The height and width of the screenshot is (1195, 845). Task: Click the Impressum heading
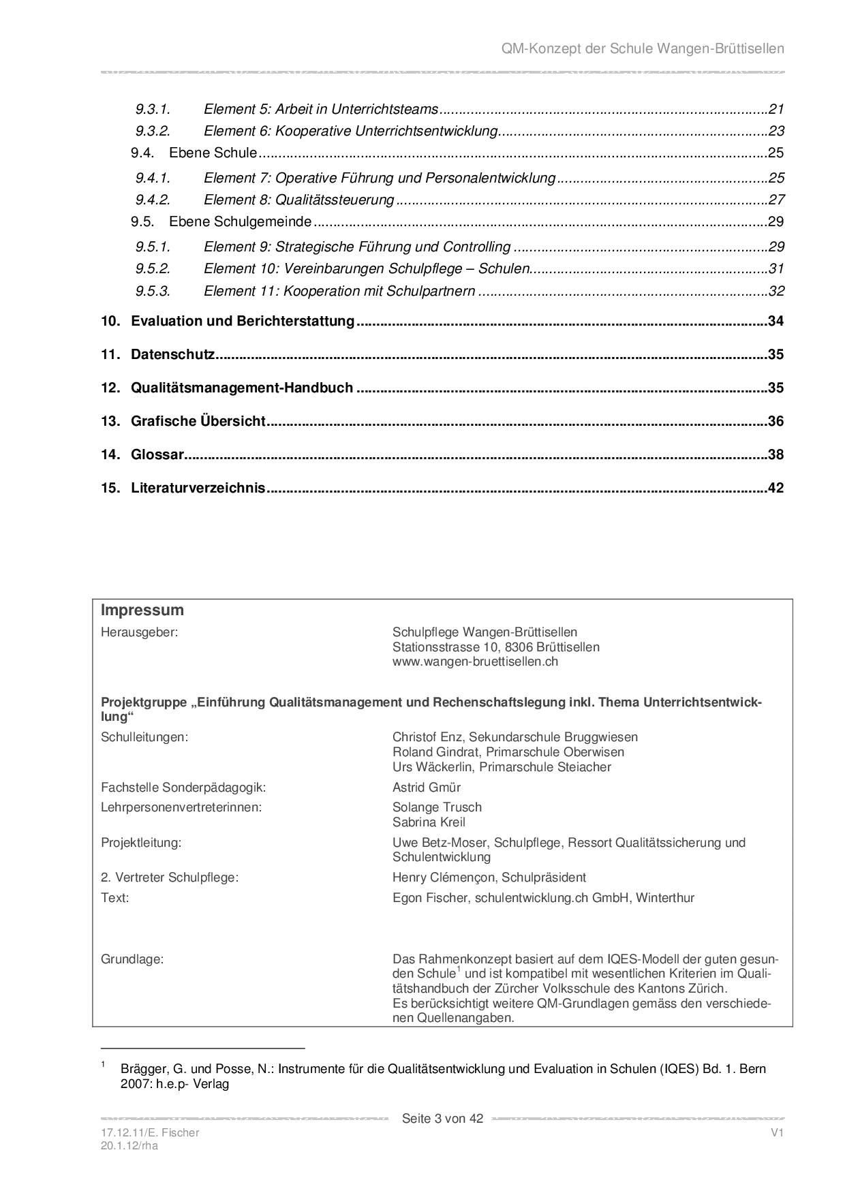(142, 610)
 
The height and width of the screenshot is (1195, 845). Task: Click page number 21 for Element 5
(776, 109)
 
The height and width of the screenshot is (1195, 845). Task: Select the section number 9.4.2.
(152, 200)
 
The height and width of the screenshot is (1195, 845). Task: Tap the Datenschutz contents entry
(172, 354)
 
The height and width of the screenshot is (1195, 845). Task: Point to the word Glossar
(157, 454)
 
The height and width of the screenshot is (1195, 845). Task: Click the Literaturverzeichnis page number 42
(775, 488)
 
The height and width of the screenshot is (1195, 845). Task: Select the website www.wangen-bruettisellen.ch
(475, 661)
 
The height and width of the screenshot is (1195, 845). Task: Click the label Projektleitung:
(141, 842)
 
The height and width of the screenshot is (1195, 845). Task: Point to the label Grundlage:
(132, 959)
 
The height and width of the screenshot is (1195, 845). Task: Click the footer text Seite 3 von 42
(442, 1118)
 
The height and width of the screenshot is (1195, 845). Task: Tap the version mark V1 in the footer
(777, 1132)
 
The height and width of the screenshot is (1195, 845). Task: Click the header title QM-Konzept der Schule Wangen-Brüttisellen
(643, 48)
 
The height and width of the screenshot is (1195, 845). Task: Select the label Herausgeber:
(139, 632)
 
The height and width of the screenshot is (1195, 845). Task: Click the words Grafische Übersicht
(198, 421)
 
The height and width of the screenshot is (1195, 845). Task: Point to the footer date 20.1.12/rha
(129, 1145)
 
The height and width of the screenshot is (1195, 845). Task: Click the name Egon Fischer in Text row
(430, 897)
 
